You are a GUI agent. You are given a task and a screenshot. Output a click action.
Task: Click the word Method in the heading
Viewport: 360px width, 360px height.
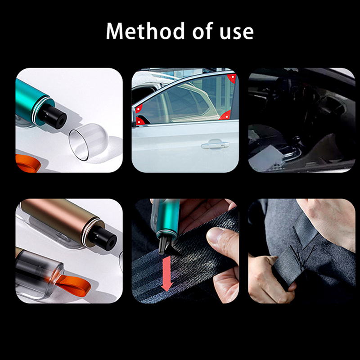point(145,31)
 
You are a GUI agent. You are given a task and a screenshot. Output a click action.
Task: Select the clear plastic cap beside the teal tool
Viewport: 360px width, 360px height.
point(89,141)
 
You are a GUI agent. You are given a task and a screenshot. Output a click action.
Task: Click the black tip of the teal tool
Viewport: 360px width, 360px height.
point(54,117)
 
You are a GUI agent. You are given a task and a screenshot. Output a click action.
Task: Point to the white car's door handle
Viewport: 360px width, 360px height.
point(215,145)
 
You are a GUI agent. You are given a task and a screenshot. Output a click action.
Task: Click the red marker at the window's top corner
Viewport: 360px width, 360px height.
point(232,78)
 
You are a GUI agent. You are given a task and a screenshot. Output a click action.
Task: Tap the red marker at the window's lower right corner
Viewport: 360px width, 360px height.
point(225,115)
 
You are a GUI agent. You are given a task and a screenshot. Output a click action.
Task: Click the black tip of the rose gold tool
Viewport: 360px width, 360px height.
point(104,238)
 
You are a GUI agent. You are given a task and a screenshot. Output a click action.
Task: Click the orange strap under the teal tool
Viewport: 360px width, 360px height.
point(28,163)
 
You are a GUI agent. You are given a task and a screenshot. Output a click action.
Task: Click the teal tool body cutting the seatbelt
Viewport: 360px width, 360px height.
point(166,218)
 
